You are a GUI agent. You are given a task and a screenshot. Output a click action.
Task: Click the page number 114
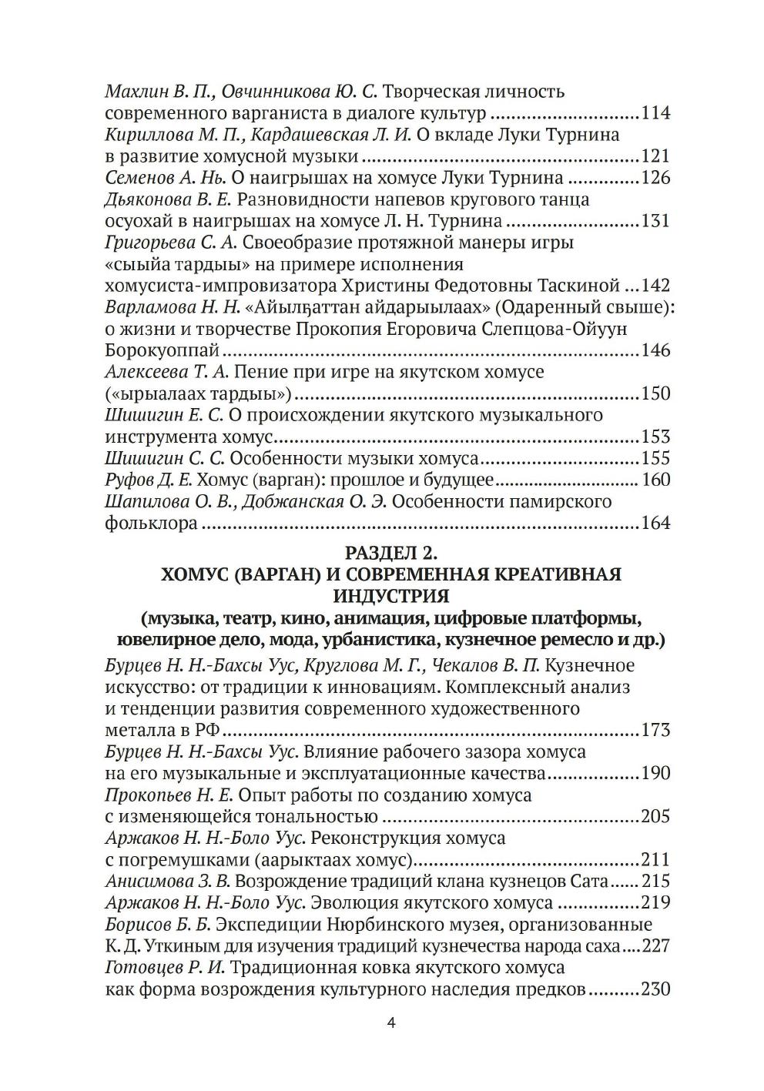[x=655, y=114]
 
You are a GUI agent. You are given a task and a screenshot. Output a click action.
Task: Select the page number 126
[x=655, y=179]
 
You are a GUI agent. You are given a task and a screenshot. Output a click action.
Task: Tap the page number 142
[x=655, y=286]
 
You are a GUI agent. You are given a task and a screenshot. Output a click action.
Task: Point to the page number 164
[x=655, y=524]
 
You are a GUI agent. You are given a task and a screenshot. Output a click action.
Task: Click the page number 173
[x=655, y=730]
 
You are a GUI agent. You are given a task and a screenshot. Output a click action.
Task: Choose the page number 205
[x=655, y=816]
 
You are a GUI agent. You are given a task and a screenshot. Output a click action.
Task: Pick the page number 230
[x=655, y=989]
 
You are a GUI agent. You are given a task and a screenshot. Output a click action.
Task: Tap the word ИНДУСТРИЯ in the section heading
[x=391, y=596]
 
